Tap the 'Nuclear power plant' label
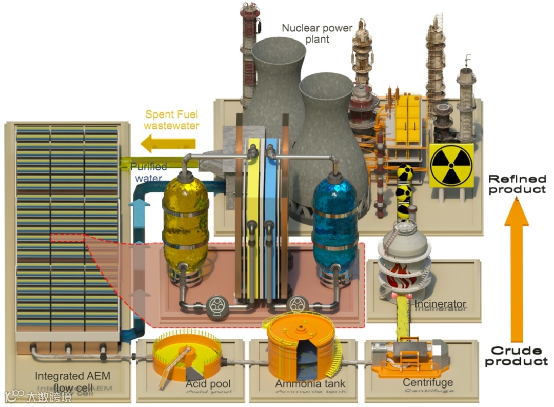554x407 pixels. click(316, 33)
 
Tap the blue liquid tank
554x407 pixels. click(334, 221)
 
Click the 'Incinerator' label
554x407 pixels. click(440, 304)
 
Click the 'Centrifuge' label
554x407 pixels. click(427, 382)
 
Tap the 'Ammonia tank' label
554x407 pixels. click(310, 384)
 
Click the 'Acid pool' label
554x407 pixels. click(208, 384)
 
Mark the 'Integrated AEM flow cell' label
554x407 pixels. click(72, 381)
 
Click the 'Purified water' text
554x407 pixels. click(149, 172)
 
